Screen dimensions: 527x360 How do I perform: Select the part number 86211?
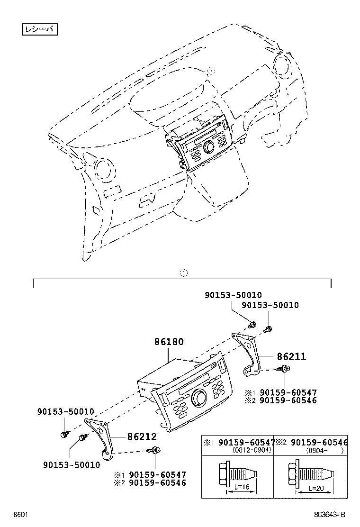point(291,356)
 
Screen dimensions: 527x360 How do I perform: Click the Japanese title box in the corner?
point(40,29)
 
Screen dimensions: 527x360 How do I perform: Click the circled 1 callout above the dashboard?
point(211,70)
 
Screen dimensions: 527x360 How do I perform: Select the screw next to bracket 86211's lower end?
point(286,369)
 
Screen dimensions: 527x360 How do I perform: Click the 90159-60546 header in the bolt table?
point(319,442)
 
